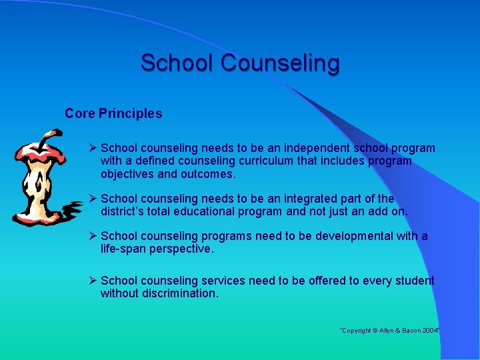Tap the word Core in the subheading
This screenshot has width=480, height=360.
[x=80, y=114]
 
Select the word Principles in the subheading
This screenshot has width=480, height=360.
[x=131, y=114]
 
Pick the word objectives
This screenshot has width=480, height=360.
[x=131, y=174]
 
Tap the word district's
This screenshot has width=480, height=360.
[x=125, y=212]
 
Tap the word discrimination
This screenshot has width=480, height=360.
[x=180, y=293]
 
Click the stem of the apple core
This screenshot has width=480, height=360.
[x=44, y=139]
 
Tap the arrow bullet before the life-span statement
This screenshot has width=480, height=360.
[x=93, y=236]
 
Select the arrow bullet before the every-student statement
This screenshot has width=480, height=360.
[x=93, y=281]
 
